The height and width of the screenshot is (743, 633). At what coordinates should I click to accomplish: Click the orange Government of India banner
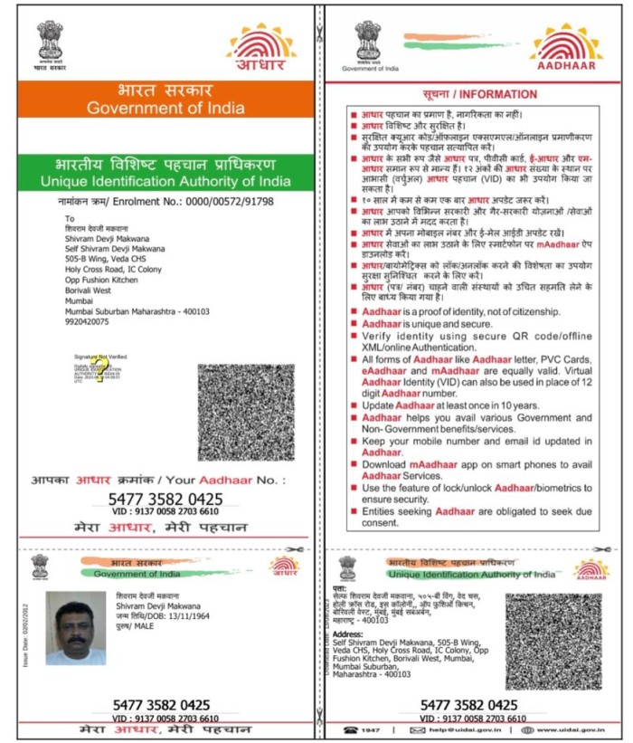tap(165, 100)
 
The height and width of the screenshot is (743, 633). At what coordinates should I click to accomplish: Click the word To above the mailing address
tap(70, 218)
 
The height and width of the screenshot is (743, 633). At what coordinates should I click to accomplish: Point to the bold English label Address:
tap(350, 635)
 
